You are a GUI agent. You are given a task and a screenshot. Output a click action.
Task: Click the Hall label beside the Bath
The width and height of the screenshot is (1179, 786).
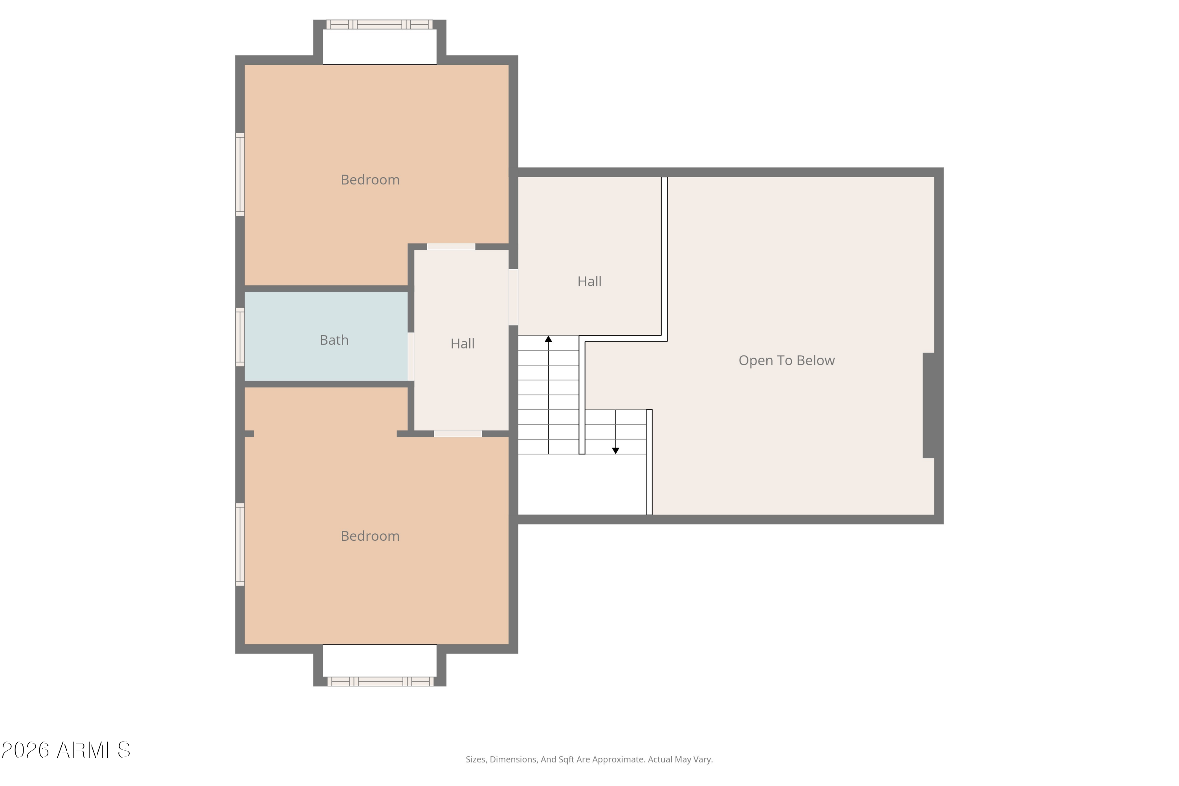(x=462, y=344)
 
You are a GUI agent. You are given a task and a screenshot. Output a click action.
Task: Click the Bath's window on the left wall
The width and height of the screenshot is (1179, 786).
(x=240, y=337)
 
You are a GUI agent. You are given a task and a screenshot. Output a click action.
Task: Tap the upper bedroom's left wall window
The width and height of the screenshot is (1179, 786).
(x=240, y=174)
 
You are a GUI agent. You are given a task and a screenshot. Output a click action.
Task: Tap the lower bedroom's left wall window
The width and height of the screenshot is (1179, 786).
(x=240, y=544)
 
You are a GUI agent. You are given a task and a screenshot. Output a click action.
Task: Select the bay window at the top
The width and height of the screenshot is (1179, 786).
(x=380, y=24)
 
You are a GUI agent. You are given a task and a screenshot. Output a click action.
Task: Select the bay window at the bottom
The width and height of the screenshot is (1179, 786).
(x=380, y=681)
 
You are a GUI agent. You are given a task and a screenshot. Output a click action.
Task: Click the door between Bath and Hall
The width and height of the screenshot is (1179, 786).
(x=411, y=356)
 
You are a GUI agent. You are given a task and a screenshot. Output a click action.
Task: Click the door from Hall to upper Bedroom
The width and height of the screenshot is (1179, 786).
(x=451, y=247)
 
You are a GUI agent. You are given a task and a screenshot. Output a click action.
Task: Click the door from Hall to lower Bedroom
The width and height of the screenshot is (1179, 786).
(x=458, y=433)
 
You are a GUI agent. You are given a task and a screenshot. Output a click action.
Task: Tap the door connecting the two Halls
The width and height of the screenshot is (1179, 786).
(x=513, y=297)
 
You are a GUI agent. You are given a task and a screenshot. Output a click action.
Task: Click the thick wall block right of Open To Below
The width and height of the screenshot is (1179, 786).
(x=929, y=406)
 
